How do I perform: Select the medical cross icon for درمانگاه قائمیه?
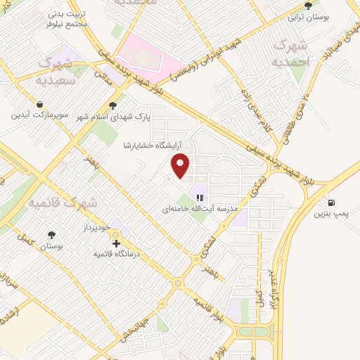coord(117,243)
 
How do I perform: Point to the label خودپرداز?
coord(94,229)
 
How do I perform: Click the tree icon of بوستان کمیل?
coord(51,235)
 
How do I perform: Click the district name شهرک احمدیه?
coord(292,52)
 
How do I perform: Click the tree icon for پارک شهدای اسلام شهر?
coord(113,105)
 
